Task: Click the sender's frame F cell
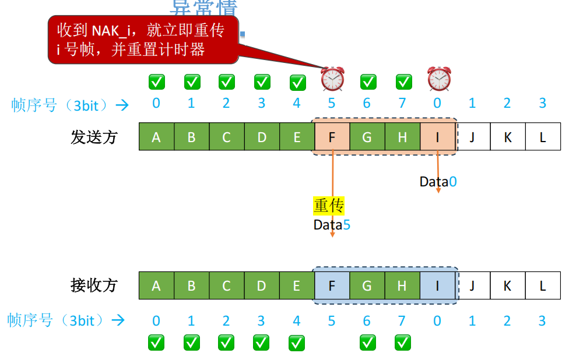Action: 332,137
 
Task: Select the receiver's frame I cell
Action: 437,285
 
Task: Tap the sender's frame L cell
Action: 543,137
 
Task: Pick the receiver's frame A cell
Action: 156,285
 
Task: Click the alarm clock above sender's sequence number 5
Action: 332,79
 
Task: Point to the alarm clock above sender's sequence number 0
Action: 438,79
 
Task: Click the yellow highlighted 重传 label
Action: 329,206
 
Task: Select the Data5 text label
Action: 332,225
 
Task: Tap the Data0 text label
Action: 438,182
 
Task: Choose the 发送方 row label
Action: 94,137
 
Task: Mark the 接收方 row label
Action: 94,285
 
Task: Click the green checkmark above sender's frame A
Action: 156,82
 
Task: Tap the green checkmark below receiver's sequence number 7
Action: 402,343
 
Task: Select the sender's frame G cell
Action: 367,137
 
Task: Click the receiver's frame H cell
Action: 402,285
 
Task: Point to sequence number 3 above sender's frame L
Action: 543,104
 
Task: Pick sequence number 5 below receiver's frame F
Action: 332,321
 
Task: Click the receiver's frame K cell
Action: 508,285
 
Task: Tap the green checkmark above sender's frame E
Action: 297,82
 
